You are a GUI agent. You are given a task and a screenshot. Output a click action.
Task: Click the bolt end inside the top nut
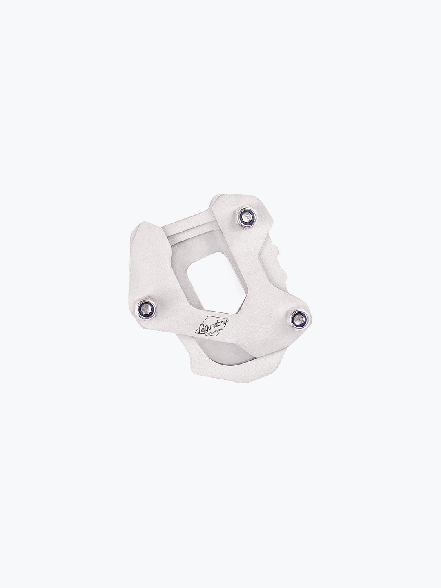(246, 216)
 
